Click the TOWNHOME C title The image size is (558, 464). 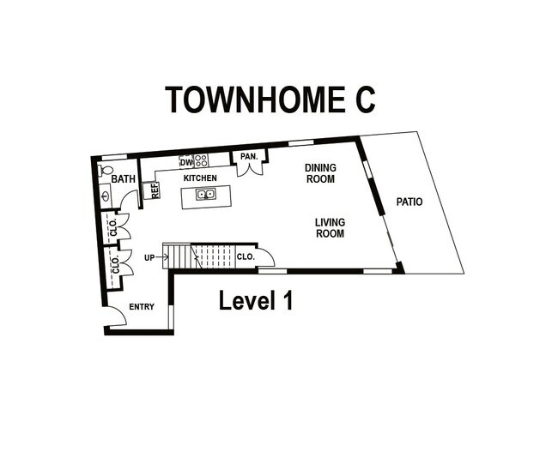coord(270,99)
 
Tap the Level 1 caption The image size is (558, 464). coord(256,301)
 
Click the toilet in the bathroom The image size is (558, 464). coord(106,171)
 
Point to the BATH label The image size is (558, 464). coord(124,180)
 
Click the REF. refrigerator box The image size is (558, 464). coord(155,190)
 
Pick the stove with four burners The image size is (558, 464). coord(201,160)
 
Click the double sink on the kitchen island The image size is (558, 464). coord(204,195)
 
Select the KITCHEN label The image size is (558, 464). coord(200,178)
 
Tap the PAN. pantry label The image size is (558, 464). coord(249,156)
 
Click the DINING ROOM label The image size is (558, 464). coord(320,173)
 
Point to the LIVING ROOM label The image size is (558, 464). coord(330,227)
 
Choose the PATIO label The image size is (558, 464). coord(409,202)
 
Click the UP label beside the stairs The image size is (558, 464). coord(149,256)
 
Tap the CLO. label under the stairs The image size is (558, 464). coord(245,256)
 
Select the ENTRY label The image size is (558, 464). coord(142,306)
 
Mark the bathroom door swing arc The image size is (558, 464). coord(129,200)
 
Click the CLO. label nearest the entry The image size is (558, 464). coord(115,264)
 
